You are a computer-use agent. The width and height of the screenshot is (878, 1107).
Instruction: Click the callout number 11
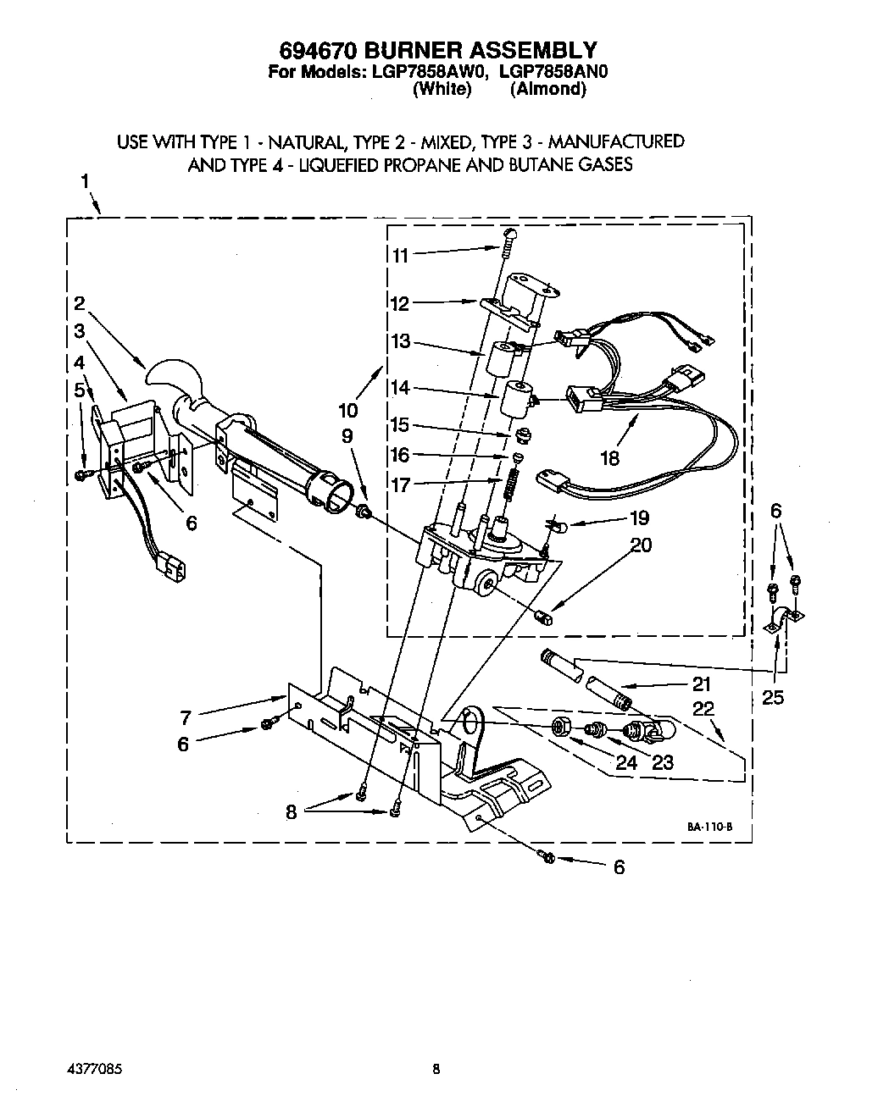[x=400, y=255]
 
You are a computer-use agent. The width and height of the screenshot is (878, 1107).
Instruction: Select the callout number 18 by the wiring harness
[x=609, y=458]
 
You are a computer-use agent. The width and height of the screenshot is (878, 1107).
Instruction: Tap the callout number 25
[x=773, y=697]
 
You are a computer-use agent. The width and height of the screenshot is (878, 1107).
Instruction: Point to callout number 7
[x=186, y=718]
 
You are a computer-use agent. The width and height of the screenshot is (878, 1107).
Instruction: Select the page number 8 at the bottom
[x=436, y=1069]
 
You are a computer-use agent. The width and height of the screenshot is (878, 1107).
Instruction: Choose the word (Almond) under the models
[x=547, y=89]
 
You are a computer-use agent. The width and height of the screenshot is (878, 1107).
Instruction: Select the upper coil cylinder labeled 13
[x=501, y=357]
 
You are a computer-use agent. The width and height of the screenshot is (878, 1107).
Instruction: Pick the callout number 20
[x=641, y=545]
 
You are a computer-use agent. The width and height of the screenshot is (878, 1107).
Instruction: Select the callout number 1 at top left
[x=85, y=181]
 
